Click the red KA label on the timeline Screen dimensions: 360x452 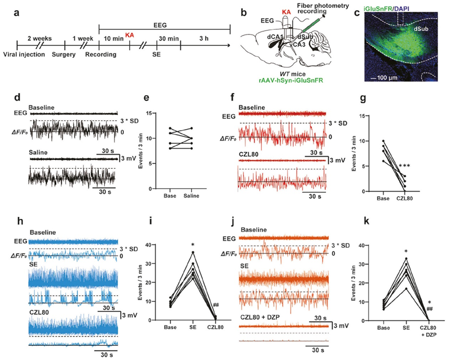129,32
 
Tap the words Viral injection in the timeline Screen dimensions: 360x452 23,54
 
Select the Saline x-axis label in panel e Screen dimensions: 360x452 192,198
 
